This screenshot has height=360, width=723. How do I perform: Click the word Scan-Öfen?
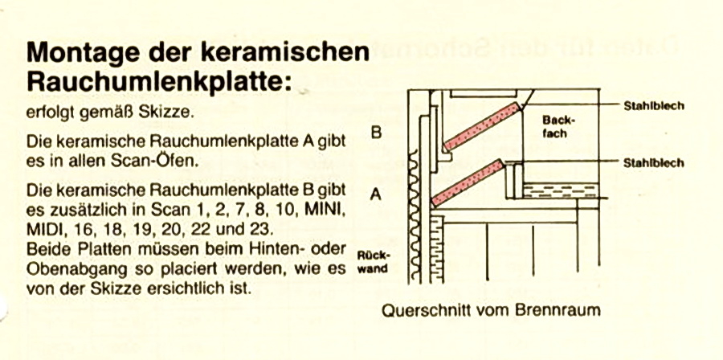[157, 160]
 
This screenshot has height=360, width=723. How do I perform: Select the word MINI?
[324, 211]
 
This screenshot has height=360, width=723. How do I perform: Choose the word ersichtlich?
[198, 286]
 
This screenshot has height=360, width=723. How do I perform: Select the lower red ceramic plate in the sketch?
[468, 182]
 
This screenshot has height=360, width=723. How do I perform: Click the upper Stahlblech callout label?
[655, 105]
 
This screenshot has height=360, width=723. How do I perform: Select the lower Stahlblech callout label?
[655, 163]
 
